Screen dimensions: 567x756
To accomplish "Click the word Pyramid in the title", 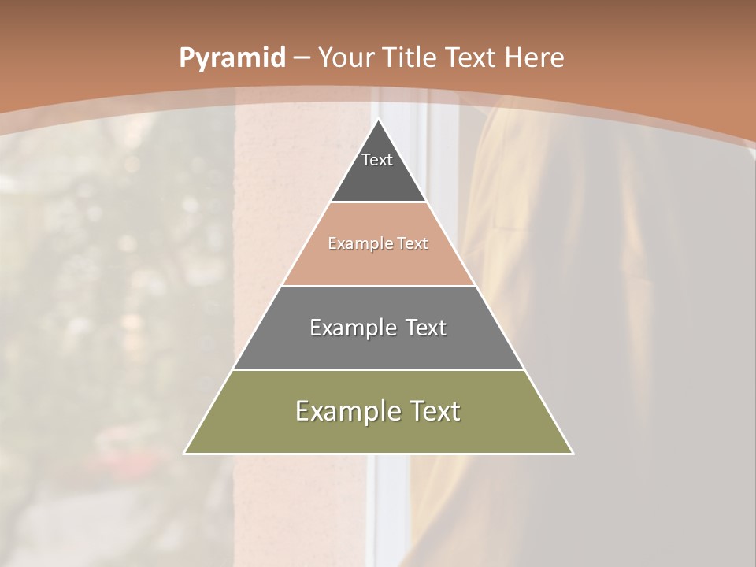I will coord(232,58).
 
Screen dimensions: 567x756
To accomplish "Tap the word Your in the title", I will coord(344,58).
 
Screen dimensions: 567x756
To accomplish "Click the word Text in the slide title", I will coord(471,58).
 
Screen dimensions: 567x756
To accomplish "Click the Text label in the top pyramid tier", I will coord(377,160).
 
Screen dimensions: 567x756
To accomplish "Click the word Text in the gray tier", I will coord(426,328).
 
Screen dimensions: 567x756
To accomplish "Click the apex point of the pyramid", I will coord(379,120).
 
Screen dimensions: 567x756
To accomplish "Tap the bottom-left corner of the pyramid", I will coord(185,453).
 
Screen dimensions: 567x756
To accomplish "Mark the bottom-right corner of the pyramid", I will coord(573,453).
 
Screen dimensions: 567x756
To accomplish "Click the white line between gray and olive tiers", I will coord(379,369).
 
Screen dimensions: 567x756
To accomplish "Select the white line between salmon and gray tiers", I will coord(379,286).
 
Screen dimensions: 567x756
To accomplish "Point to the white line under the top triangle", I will coord(379,202).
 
